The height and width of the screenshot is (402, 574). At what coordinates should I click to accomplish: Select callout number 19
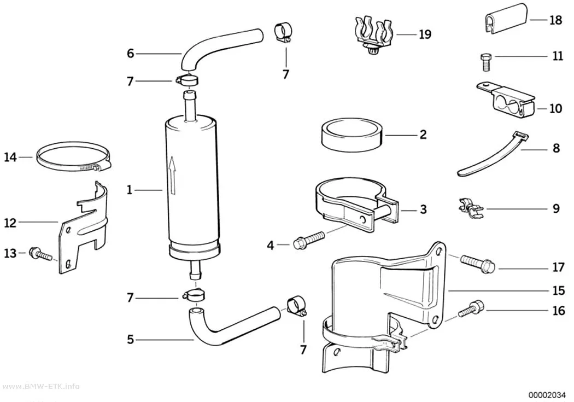click(425, 34)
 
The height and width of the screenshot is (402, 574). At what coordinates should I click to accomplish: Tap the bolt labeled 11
click(485, 62)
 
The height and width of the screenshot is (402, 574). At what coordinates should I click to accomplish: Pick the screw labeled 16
click(471, 310)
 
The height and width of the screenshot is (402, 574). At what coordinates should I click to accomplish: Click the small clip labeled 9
click(470, 207)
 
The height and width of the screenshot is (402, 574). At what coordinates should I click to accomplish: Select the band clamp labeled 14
click(73, 158)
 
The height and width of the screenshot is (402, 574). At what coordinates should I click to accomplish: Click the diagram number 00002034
click(547, 395)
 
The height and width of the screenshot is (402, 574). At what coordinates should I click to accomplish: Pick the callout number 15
click(558, 291)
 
